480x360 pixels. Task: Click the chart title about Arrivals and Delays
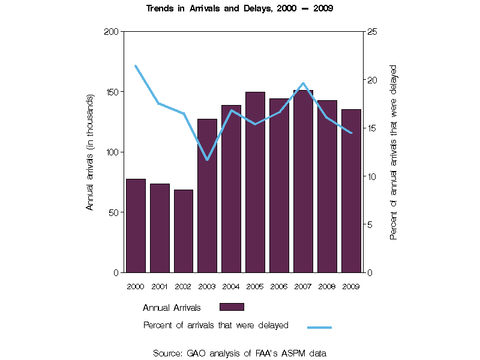pyautogui.click(x=240, y=9)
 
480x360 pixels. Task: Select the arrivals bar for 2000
pyautogui.click(x=136, y=226)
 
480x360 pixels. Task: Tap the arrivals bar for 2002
pyautogui.click(x=184, y=231)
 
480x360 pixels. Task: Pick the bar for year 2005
pyautogui.click(x=255, y=182)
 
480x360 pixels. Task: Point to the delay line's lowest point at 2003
pyautogui.click(x=207, y=160)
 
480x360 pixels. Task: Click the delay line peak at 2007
pyautogui.click(x=303, y=83)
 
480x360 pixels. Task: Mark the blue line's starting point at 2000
pyautogui.click(x=136, y=66)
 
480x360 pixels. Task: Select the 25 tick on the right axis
pyautogui.click(x=371, y=31)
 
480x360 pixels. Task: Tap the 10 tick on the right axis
pyautogui.click(x=371, y=176)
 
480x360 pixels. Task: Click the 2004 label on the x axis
pyautogui.click(x=231, y=286)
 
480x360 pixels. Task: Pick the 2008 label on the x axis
pyautogui.click(x=327, y=286)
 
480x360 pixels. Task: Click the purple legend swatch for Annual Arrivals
pyautogui.click(x=232, y=307)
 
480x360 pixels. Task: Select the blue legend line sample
pyautogui.click(x=319, y=327)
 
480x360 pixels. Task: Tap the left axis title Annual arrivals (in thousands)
pyautogui.click(x=90, y=152)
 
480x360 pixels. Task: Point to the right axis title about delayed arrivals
pyautogui.click(x=394, y=152)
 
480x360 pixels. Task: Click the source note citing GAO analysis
pyautogui.click(x=239, y=353)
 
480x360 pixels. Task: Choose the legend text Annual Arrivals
pyautogui.click(x=172, y=307)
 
